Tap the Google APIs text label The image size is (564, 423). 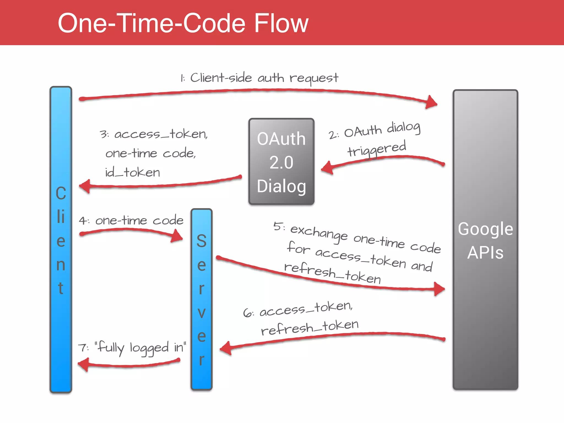(485, 240)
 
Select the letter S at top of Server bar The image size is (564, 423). (201, 241)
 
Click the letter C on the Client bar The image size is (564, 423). (61, 193)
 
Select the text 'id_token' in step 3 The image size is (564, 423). (132, 173)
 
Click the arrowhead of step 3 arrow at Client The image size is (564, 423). (85, 186)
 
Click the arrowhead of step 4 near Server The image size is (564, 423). (177, 236)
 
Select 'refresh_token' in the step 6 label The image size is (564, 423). (310, 328)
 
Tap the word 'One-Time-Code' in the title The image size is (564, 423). (151, 23)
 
